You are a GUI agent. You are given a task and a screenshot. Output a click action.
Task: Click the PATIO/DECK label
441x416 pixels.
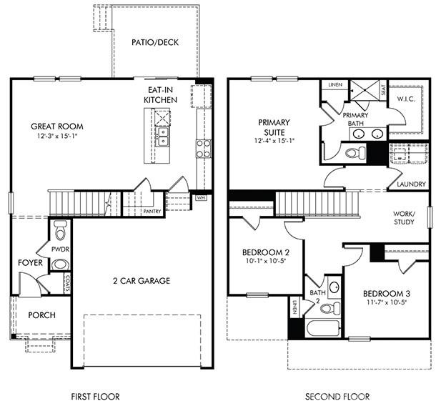click(x=154, y=42)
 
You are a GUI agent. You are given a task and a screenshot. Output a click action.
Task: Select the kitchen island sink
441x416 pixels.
click(x=163, y=134)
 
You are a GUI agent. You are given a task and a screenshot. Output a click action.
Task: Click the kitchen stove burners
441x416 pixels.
click(x=203, y=148)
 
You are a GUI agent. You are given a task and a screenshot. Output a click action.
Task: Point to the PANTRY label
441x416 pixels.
click(x=152, y=212)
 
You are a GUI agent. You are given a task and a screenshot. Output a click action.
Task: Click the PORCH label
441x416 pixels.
click(x=41, y=315)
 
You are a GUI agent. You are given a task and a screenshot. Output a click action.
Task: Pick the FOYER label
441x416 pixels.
click(x=31, y=263)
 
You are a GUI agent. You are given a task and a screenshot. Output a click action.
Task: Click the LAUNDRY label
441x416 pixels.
click(x=411, y=184)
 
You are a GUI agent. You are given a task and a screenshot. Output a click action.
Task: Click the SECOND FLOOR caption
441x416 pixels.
click(x=337, y=396)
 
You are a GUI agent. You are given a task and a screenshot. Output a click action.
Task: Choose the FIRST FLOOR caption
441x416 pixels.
click(x=95, y=396)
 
